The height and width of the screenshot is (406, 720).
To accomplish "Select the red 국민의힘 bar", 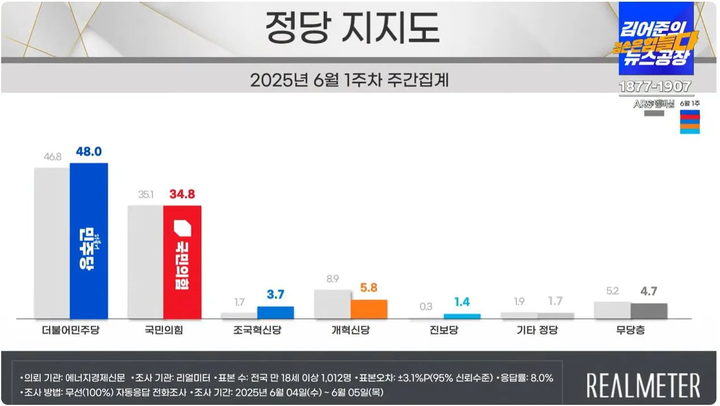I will [182, 262].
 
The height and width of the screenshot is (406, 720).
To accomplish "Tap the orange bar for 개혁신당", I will [369, 309].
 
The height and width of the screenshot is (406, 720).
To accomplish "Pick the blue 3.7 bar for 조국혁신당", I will [275, 312].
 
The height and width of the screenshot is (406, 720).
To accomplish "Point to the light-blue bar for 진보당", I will [462, 316].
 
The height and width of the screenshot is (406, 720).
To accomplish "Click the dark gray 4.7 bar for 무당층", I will [648, 310].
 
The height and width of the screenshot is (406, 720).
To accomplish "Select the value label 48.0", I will [89, 152].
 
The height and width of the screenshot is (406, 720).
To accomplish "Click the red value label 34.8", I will [182, 194].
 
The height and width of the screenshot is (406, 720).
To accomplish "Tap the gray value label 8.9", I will [332, 279].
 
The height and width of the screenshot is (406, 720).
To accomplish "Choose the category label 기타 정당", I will [536, 330].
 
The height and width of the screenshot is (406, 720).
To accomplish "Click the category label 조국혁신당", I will [257, 330].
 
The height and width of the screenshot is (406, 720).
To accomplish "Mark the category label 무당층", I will [630, 330].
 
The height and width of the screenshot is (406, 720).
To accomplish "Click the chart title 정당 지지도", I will [352, 28].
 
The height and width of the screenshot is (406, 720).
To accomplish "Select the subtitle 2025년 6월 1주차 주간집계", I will [350, 80].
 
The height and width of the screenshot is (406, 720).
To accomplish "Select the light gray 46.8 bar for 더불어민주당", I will [52, 243].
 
